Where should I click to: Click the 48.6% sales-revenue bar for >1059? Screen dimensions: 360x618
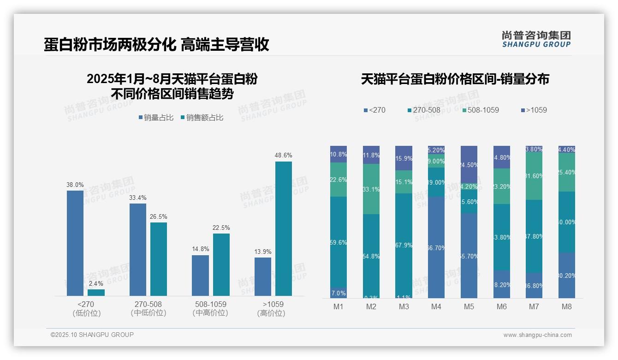coord(284,228)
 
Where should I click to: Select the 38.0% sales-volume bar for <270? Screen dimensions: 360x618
coord(75,243)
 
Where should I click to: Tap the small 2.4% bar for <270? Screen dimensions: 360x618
coord(96,293)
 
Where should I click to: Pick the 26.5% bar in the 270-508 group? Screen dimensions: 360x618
coord(159,259)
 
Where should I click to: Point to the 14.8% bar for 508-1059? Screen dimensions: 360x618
coord(200,276)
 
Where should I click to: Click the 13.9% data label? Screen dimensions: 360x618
coord(263,252)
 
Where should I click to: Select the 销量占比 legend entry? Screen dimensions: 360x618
coord(156,118)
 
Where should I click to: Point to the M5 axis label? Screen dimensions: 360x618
coord(469,306)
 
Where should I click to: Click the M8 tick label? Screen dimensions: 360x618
coord(567,306)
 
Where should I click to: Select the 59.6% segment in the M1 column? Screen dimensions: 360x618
coord(339,242)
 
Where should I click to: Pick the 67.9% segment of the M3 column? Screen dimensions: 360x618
coord(404,246)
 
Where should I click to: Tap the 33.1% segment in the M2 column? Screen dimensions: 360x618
coord(371,189)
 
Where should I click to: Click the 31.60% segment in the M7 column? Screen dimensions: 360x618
coord(534,176)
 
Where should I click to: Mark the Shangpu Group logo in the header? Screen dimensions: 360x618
coord(536,39)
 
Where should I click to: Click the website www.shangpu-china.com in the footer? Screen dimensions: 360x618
coord(537,335)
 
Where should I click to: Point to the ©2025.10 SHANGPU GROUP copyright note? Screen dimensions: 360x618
coord(92,335)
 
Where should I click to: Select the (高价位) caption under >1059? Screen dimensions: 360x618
coord(271,313)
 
